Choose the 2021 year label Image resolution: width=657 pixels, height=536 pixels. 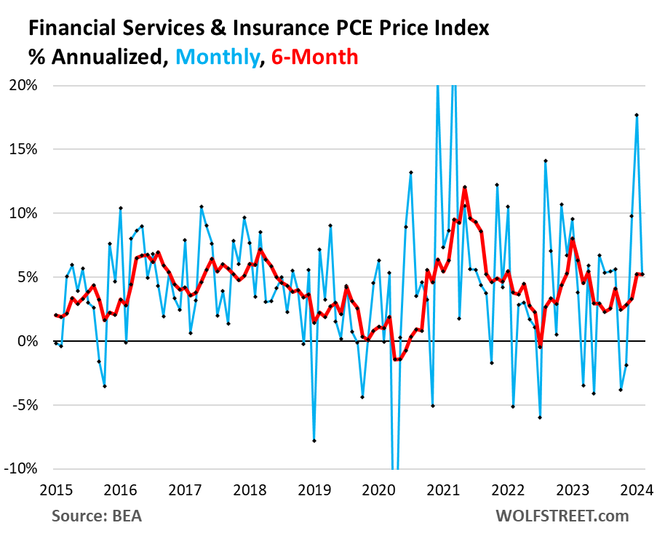click(x=442, y=489)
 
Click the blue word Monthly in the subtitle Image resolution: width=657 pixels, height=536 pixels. click(x=219, y=56)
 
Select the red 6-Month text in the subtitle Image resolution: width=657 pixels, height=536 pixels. click(x=314, y=56)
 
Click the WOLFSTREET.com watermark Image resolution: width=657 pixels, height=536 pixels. click(x=562, y=516)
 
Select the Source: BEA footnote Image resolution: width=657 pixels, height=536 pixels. click(x=97, y=516)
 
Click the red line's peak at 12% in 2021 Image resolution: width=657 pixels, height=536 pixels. click(x=464, y=187)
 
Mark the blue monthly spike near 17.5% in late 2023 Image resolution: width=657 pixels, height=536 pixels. click(x=637, y=115)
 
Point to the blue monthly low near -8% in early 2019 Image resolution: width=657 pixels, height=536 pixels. click(x=314, y=441)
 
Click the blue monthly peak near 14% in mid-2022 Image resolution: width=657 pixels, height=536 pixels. click(x=545, y=161)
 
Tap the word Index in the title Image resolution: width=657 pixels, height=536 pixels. click(x=464, y=28)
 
